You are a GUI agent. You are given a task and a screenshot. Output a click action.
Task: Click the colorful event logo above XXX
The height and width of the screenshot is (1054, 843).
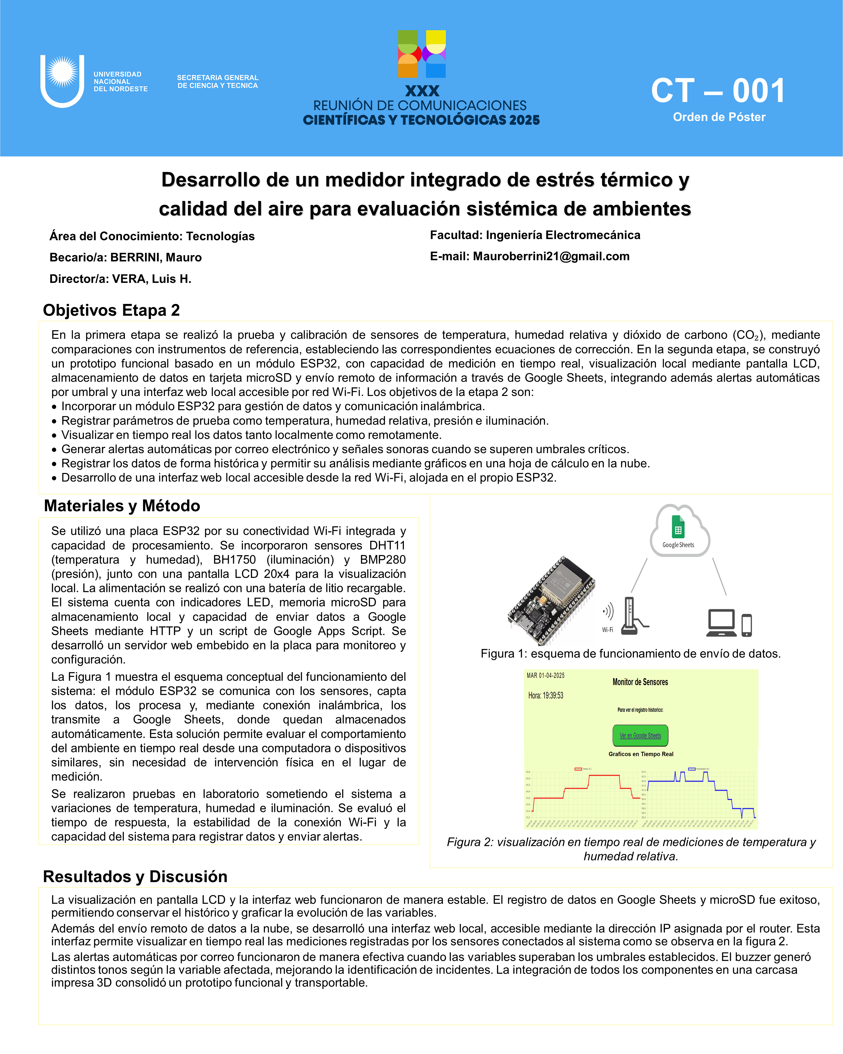[x=422, y=54]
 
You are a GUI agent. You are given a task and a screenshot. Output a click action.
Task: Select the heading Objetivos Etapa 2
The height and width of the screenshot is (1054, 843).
[x=112, y=310]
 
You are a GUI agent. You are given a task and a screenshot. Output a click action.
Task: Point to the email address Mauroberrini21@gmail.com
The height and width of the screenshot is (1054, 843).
[x=551, y=256]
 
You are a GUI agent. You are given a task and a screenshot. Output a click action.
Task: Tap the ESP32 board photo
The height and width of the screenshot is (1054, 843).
[x=551, y=601]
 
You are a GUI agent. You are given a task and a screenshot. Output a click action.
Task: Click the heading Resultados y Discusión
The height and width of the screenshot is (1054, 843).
[x=135, y=877]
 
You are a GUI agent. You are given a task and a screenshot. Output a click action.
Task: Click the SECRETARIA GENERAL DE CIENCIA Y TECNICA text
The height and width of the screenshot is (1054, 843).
[x=217, y=82]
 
